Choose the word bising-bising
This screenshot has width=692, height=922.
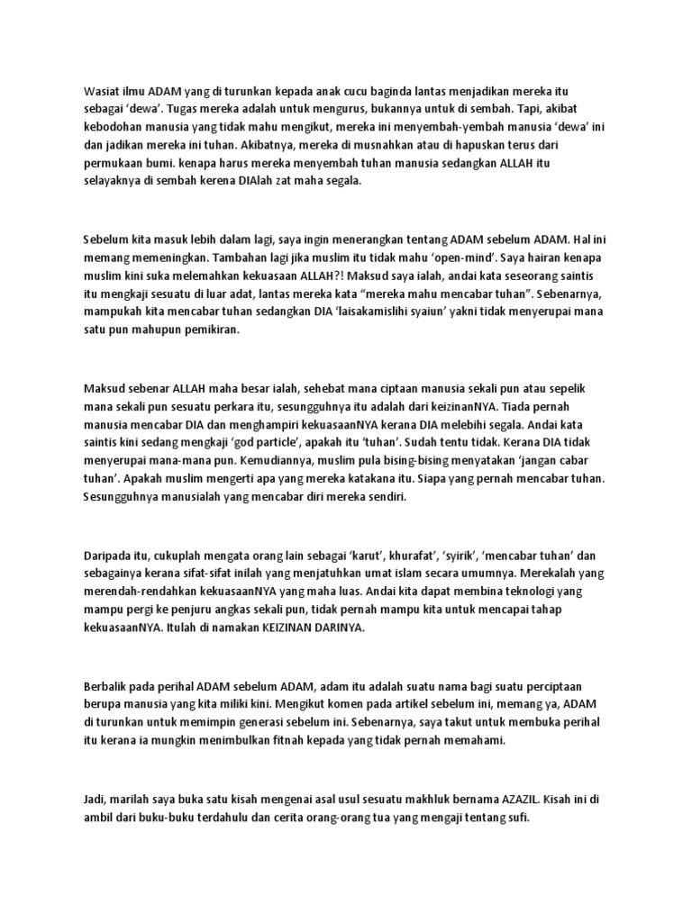(x=342, y=460)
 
